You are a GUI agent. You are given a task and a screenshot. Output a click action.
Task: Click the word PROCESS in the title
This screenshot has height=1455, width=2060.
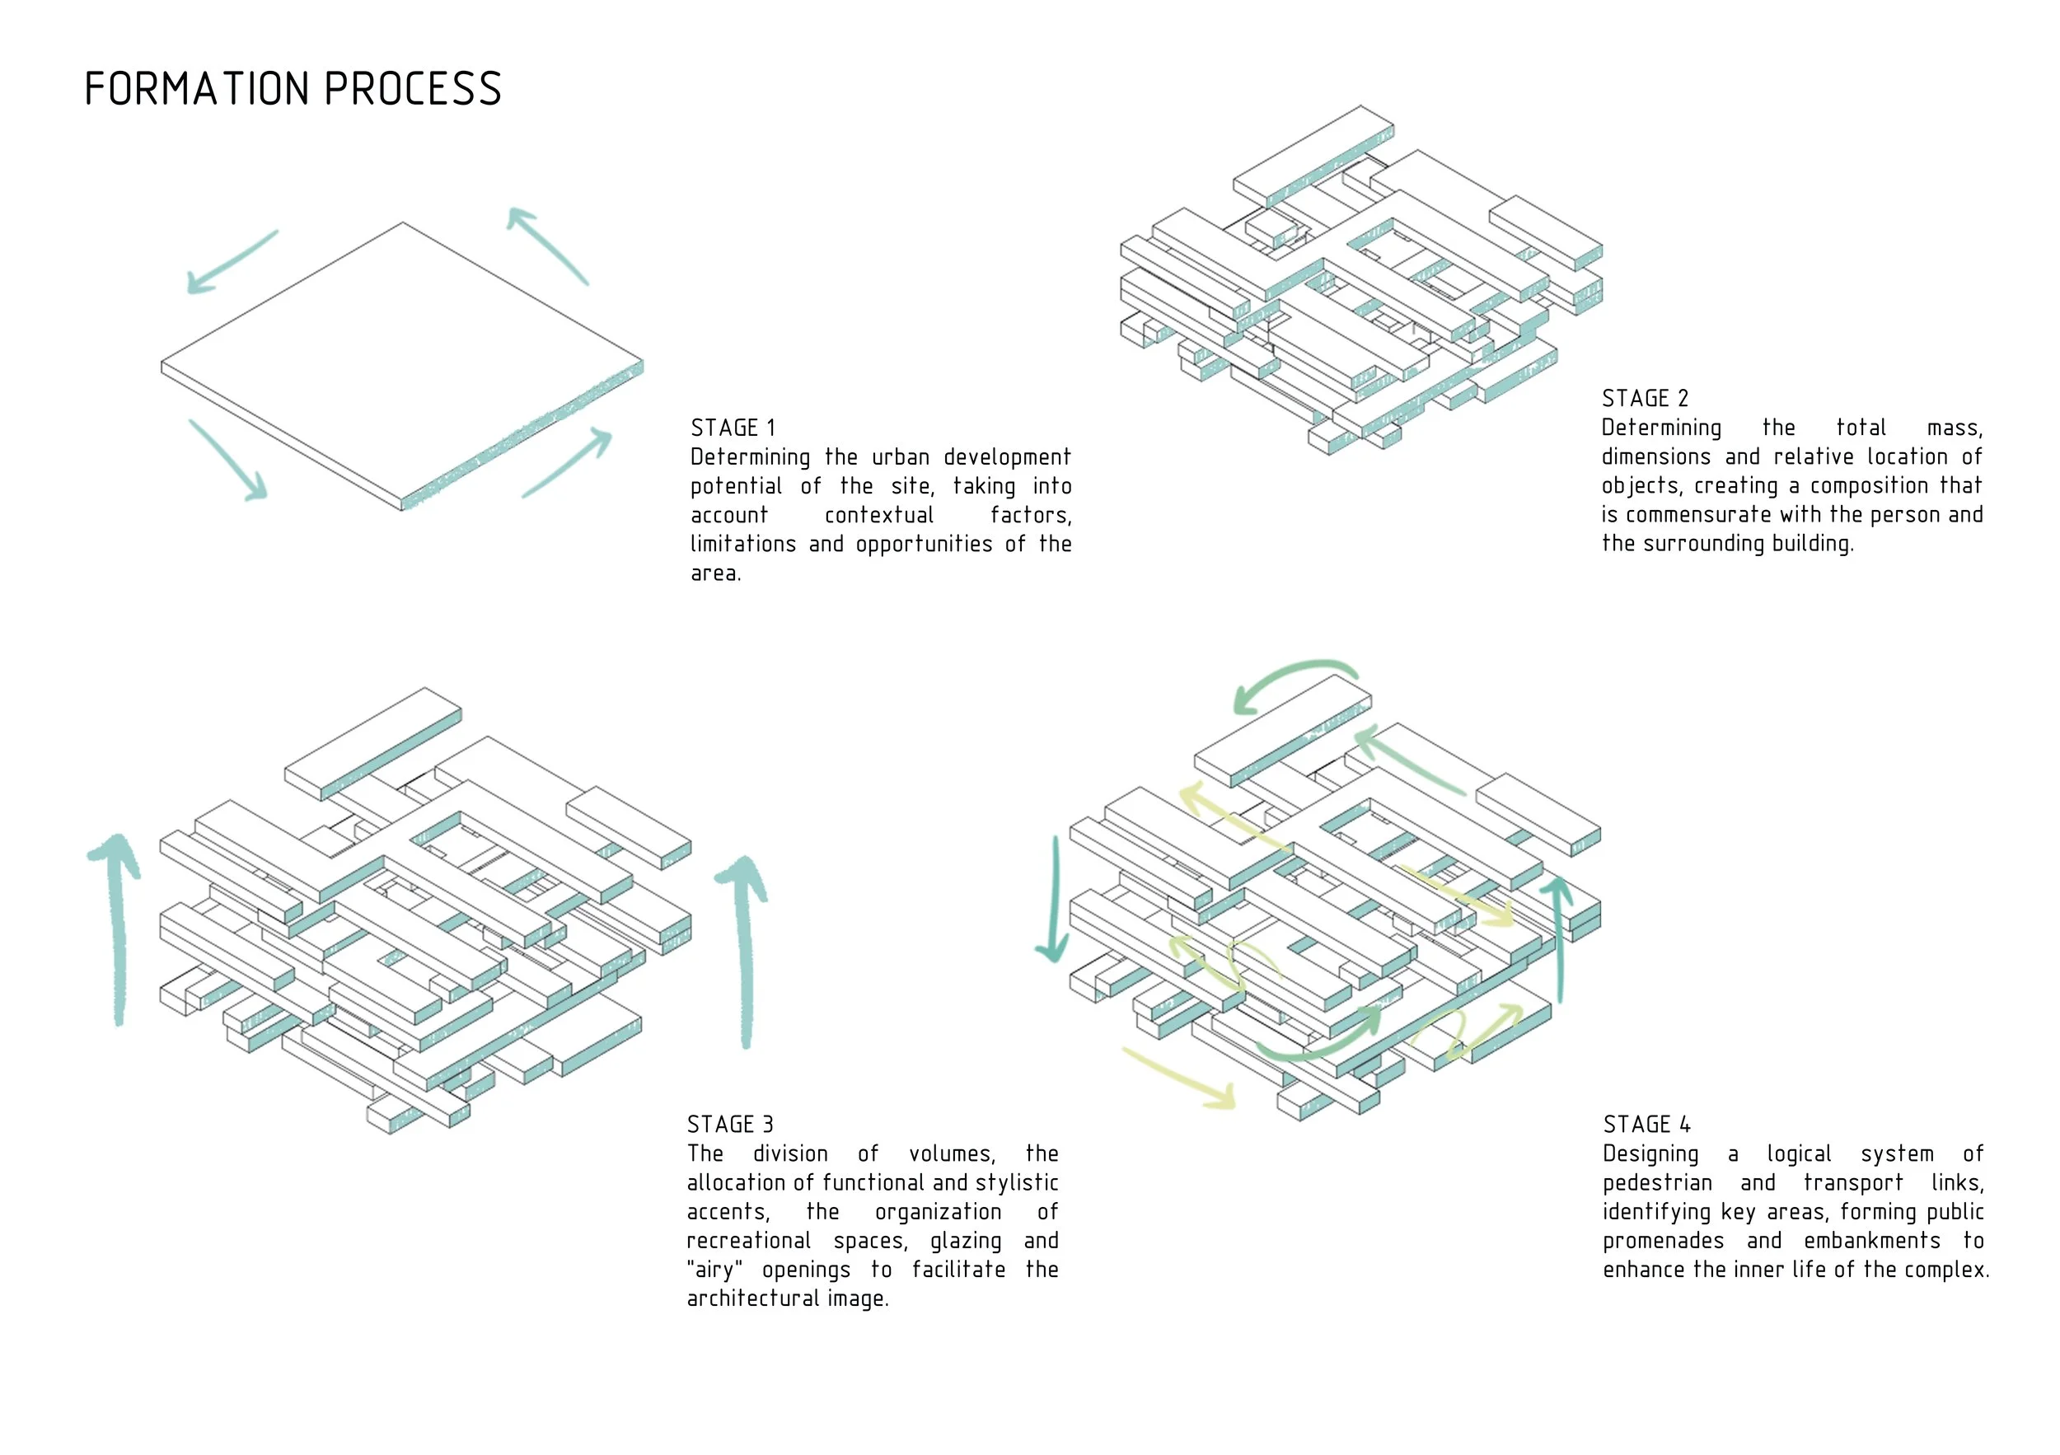tap(412, 90)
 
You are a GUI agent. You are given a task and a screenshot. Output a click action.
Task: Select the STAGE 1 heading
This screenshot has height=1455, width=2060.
tap(733, 428)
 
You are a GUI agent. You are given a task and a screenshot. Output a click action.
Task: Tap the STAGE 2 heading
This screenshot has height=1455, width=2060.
tap(1645, 398)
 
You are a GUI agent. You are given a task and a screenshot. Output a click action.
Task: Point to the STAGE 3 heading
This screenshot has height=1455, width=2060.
tap(729, 1125)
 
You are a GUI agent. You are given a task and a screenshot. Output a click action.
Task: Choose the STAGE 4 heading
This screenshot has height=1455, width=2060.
tap(1646, 1125)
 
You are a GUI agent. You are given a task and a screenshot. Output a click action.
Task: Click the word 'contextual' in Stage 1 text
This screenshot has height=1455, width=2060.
tap(878, 516)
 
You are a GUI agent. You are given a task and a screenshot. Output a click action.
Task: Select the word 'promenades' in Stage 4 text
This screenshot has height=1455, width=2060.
tap(1663, 1242)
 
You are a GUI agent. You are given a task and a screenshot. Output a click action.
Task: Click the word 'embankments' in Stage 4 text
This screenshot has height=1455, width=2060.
tap(1871, 1242)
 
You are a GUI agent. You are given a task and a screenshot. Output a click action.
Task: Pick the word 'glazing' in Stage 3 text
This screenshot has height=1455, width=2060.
tap(966, 1242)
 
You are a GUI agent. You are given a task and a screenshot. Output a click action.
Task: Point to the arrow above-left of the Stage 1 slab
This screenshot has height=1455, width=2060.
tap(231, 261)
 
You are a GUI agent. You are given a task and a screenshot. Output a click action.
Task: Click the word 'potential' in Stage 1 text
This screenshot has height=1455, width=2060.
tap(736, 487)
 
